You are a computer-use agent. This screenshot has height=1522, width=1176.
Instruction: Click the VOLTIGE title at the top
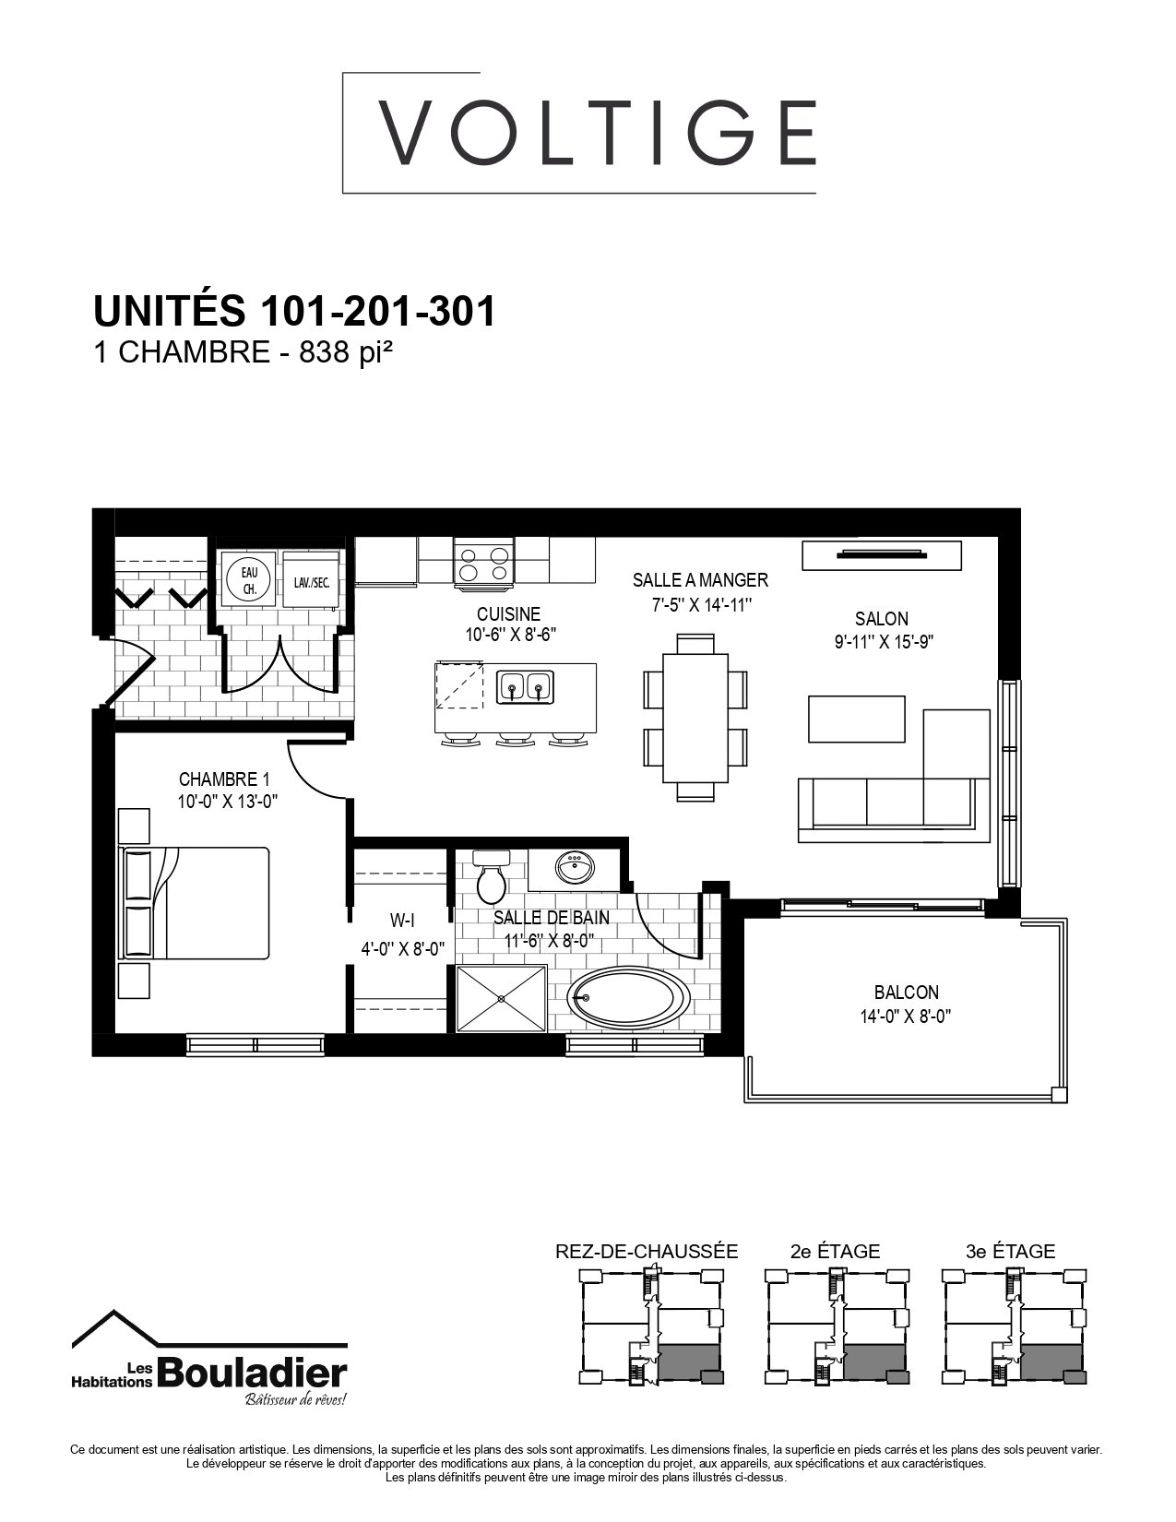(597, 133)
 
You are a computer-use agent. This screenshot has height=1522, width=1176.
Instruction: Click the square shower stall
(501, 998)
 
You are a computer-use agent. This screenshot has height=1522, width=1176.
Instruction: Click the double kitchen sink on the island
(526, 685)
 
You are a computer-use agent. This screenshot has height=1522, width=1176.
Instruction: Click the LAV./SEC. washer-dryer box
(311, 580)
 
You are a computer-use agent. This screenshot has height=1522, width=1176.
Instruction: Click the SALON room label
(881, 618)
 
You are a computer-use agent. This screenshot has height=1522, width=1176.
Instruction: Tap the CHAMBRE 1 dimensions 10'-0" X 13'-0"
(227, 802)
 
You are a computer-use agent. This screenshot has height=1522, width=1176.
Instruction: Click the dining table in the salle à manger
(695, 718)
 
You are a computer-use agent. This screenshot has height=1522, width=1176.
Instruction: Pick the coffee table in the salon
(856, 719)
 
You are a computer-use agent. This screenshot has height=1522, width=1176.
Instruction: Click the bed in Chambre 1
(196, 904)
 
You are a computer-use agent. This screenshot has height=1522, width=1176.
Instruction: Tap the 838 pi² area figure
(344, 352)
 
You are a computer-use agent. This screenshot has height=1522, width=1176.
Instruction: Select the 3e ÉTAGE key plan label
(1010, 1251)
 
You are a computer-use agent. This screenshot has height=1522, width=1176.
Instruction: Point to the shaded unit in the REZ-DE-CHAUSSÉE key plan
(689, 1362)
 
